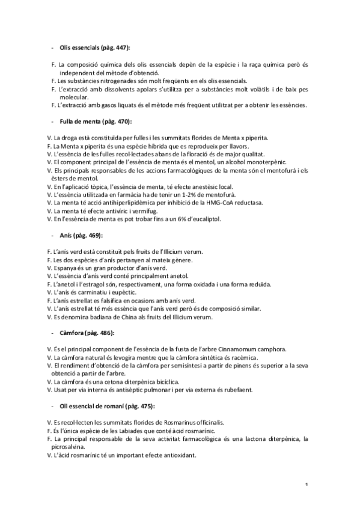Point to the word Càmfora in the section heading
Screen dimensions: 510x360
click(x=73, y=333)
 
